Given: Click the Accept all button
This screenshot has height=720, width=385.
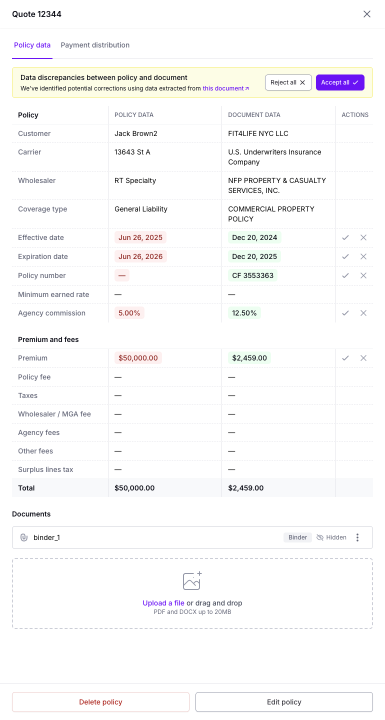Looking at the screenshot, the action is click(340, 82).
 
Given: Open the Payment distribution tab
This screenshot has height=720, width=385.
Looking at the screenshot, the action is click(95, 45).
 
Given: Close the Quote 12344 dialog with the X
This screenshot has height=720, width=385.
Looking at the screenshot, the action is click(367, 14).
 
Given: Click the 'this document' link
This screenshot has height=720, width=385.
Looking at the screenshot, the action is click(225, 88).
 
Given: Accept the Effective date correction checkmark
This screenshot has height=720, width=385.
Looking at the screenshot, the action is click(345, 237).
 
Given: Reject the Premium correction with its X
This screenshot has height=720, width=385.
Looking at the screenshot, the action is click(363, 358).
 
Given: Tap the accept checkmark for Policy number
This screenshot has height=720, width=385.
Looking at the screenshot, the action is click(345, 275).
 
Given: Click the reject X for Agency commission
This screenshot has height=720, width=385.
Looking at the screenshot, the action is click(363, 313).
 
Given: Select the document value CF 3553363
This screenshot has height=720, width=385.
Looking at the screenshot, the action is click(252, 275).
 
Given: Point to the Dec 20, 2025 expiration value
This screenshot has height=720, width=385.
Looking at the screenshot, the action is click(254, 256).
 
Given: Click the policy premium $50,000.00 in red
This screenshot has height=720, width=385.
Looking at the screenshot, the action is click(138, 358).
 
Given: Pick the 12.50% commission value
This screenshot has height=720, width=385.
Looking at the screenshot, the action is click(244, 313).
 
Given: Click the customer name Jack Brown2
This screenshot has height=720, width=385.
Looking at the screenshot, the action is click(136, 133).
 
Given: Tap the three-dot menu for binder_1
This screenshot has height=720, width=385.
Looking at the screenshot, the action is click(357, 537).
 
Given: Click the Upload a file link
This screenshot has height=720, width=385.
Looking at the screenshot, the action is click(163, 603).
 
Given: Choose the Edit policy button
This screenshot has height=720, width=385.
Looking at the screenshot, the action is click(284, 702).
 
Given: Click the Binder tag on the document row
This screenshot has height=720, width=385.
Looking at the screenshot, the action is click(297, 537).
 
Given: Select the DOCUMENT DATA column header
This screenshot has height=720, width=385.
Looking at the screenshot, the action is click(254, 115).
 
